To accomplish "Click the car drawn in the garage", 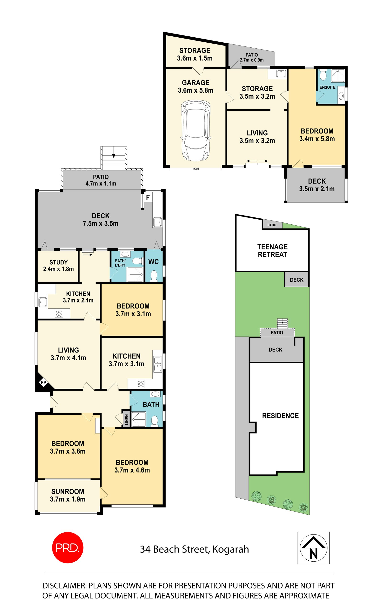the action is tap(196, 131).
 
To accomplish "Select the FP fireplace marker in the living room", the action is tap(44, 383).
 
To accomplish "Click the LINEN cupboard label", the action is tap(127, 420).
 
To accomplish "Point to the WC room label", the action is tap(153, 262).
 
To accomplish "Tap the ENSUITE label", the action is tap(327, 87).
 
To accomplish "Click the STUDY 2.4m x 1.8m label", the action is tap(58, 266).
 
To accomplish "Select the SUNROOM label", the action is tap(68, 491).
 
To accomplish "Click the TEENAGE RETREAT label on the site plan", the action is tap(272, 251).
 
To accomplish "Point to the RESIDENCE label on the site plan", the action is tap(280, 416).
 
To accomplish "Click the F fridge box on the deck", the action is tap(148, 197).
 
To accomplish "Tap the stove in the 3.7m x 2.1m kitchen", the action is tap(59, 314).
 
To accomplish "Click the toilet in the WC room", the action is tap(154, 276).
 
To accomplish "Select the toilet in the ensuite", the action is tap(323, 75).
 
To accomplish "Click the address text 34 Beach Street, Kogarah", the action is tap(194, 549).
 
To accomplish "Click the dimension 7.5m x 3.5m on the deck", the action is tap(101, 223).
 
